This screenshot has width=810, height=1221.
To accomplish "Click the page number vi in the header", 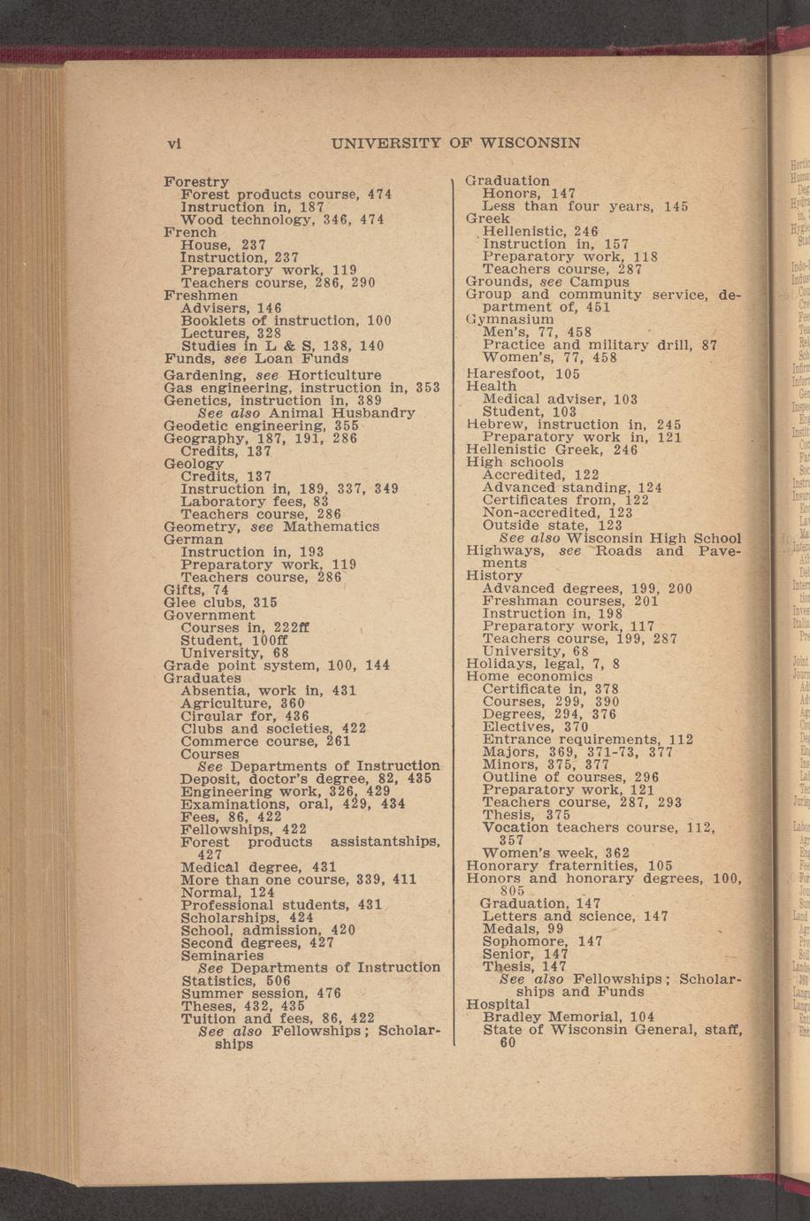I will click(x=175, y=143).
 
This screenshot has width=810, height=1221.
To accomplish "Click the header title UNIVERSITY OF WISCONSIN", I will click(x=455, y=143).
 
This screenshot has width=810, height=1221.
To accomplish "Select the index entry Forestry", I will click(x=196, y=181).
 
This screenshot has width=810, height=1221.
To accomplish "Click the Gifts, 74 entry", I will click(x=196, y=589).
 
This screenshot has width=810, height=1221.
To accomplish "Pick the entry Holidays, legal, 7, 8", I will click(x=543, y=663).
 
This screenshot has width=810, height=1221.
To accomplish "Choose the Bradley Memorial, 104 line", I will click(x=569, y=1017).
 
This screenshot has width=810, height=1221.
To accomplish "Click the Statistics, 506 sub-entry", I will click(x=236, y=980).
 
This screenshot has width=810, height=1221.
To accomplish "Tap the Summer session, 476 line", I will click(x=261, y=994).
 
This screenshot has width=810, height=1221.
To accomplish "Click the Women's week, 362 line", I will click(x=556, y=853).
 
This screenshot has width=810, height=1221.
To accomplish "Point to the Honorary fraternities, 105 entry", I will click(x=569, y=865).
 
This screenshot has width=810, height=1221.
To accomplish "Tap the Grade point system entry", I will click(x=277, y=664).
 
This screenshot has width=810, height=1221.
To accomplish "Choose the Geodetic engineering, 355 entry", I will click(x=261, y=426).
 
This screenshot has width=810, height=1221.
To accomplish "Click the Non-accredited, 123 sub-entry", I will click(x=557, y=512).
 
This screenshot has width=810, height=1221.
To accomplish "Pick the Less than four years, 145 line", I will click(x=585, y=206).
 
